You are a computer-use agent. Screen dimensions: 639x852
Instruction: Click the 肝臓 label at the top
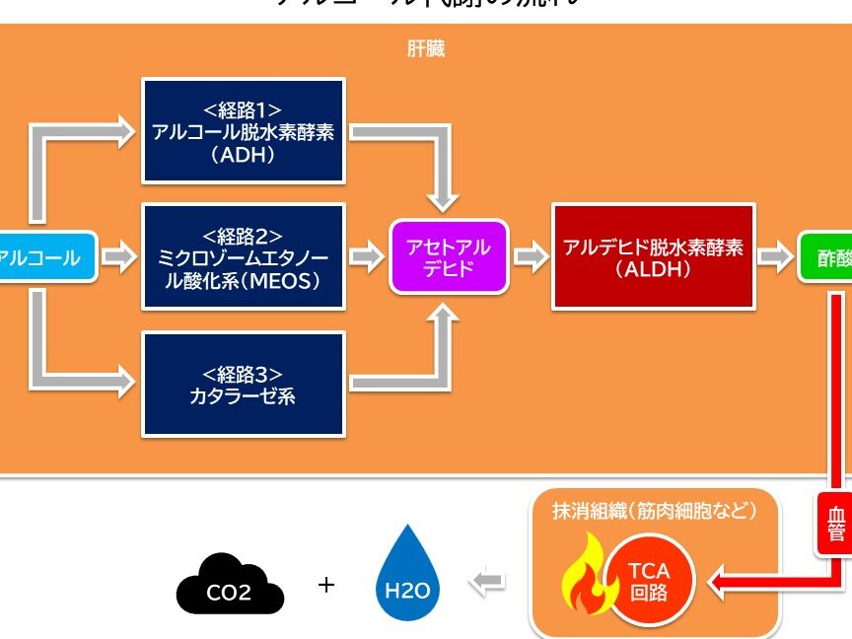[425, 48]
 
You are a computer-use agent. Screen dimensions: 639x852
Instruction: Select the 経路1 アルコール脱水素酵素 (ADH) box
[244, 131]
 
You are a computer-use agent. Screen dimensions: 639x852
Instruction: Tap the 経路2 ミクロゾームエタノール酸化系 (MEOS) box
[244, 257]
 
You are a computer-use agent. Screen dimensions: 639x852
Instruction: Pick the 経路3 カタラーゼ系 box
[244, 384]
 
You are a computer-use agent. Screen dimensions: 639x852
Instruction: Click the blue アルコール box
[44, 258]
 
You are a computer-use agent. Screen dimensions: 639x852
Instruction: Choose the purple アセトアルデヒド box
[449, 257]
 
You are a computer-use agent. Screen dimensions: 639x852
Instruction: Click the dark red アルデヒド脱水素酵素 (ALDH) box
[653, 257]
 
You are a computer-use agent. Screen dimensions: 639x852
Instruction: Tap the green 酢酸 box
[826, 257]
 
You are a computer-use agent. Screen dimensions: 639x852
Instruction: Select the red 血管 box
[834, 522]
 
